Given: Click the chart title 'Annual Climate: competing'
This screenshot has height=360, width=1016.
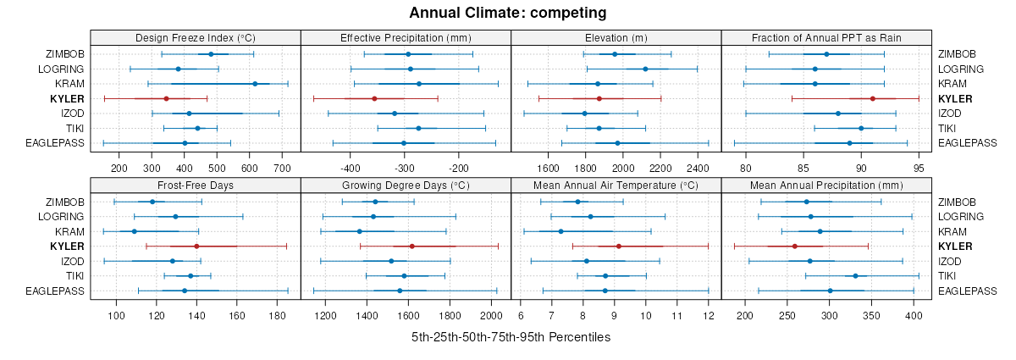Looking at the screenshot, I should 507,13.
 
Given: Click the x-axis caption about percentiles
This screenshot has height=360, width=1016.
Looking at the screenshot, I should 511,337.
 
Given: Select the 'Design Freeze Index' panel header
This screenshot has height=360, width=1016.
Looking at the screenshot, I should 195,38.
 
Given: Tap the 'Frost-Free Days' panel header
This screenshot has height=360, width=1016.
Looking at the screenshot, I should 195,186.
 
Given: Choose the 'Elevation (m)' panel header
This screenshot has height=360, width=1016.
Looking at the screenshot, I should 616,38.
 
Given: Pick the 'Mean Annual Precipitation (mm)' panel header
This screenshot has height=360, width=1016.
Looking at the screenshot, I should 826,186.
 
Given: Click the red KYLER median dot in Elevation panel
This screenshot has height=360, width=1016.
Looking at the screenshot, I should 599,98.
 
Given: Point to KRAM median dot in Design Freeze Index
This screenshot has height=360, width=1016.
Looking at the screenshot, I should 255,84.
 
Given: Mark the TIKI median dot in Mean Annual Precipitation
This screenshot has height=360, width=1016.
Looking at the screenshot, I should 855,276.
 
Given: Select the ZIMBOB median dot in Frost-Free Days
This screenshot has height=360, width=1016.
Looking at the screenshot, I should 152,202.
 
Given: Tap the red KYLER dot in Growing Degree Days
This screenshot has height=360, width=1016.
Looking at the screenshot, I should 412,246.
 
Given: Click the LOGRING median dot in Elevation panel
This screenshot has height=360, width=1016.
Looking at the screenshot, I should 645,69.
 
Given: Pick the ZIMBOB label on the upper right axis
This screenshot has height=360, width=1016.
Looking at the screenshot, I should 957,54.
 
